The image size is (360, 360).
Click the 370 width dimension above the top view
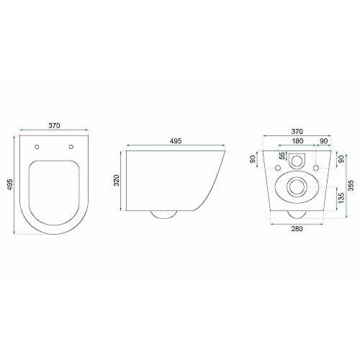[55, 125]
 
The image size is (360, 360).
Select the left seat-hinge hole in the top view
[37, 147]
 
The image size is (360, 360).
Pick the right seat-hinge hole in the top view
[71, 147]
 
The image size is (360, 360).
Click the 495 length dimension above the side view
[176, 141]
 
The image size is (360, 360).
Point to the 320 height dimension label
[117, 180]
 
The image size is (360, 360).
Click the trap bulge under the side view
[163, 215]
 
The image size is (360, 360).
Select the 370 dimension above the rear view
[297, 132]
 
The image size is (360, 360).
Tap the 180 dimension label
[297, 141]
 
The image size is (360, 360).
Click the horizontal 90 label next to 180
[324, 141]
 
